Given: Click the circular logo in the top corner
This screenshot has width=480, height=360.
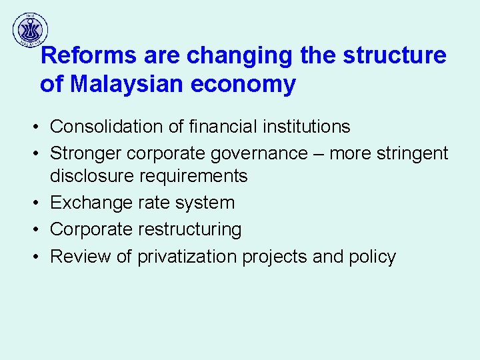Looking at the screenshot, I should coord(30,29).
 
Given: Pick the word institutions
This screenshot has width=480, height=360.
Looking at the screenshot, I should coord(303,126).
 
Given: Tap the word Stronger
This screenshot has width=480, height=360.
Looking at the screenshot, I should coord(85,153).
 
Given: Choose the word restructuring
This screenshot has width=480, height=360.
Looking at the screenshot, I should coord(190,229).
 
